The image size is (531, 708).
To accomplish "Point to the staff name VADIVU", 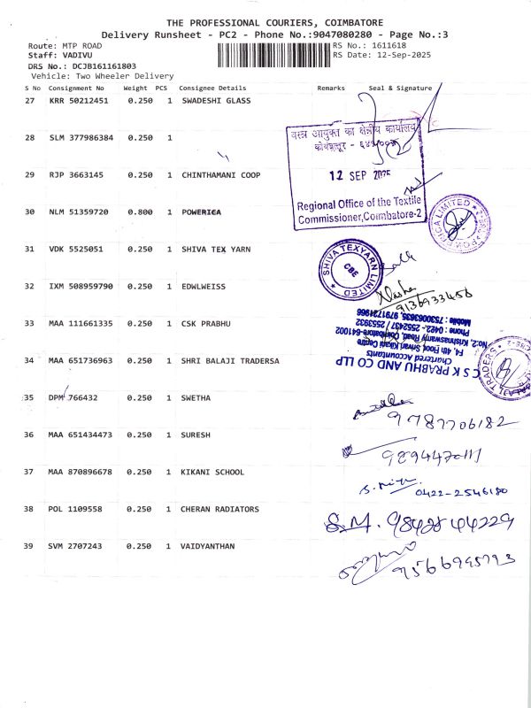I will point(65,55).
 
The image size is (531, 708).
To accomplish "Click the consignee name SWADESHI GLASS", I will point(216,101).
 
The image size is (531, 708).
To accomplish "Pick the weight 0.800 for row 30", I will point(140,212).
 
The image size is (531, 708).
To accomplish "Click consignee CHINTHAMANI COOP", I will point(221,175).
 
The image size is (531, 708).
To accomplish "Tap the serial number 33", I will point(29,324).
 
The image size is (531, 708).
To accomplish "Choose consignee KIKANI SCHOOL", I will point(212,472).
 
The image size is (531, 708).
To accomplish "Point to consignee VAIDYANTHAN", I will point(208,546).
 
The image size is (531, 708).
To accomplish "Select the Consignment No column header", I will point(76,88).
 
